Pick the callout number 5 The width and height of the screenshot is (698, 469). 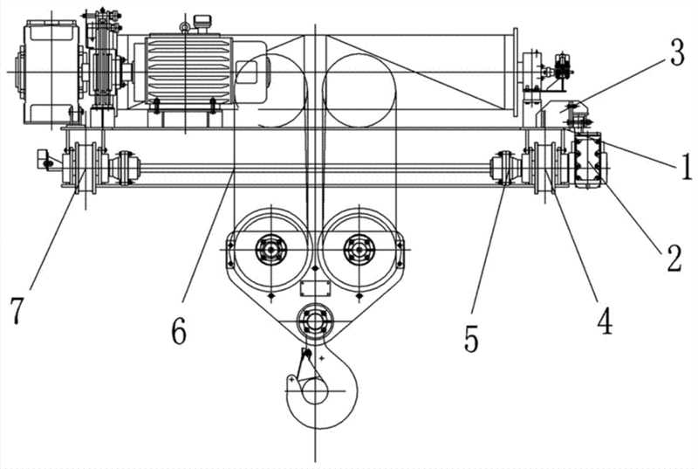(x=472, y=337)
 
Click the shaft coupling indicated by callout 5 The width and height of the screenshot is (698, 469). (x=504, y=166)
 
